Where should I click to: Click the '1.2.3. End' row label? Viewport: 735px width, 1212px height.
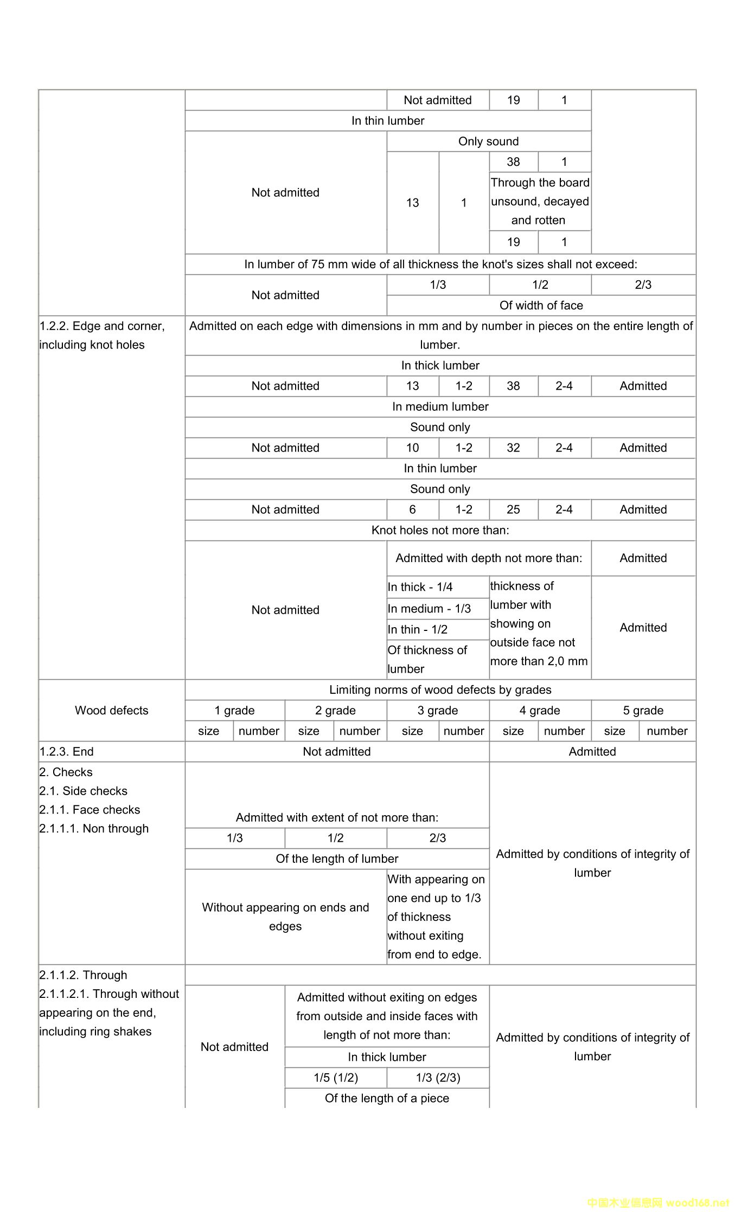(66, 751)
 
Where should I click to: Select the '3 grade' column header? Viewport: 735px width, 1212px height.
(437, 710)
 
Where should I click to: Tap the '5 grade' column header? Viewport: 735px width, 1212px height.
(643, 710)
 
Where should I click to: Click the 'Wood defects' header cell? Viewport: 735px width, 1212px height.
(111, 710)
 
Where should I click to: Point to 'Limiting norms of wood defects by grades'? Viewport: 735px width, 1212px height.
(440, 689)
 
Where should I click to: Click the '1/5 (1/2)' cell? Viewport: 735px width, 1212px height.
(336, 1078)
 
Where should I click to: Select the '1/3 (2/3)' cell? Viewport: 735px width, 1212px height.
(438, 1078)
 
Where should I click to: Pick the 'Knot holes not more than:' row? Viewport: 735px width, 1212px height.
(440, 530)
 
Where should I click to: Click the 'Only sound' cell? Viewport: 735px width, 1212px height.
(488, 141)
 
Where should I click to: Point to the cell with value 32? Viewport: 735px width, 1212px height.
(513, 448)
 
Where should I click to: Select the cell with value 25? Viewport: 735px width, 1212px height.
(513, 510)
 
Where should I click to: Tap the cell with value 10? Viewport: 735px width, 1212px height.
(412, 448)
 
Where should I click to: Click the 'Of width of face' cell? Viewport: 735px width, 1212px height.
(541, 305)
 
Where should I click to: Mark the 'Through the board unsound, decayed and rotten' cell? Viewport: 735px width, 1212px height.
(540, 201)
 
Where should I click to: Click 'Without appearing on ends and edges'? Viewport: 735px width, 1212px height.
(285, 917)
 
